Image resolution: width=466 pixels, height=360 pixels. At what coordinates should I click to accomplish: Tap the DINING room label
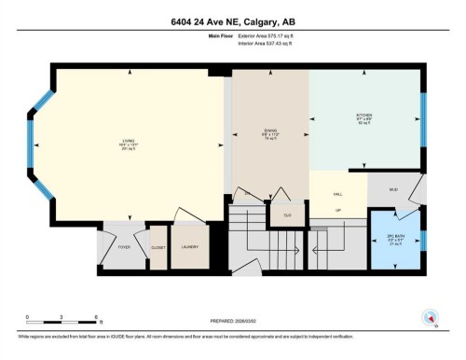(269, 132)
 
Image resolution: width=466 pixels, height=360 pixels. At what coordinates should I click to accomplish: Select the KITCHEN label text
(363, 118)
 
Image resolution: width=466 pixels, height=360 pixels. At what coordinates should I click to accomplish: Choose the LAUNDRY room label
(189, 247)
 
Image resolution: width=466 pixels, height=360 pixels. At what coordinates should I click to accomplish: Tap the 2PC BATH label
(395, 236)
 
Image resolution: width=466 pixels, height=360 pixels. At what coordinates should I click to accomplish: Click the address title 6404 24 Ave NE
(232, 22)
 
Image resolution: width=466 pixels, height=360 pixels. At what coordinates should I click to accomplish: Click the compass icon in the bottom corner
(431, 317)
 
